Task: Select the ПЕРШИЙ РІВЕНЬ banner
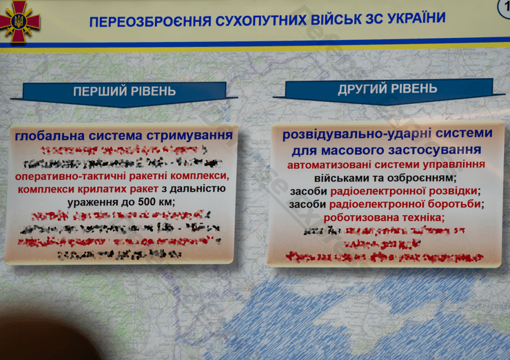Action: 124,91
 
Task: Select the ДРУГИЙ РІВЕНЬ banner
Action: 387,89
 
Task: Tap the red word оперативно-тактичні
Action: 69,176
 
